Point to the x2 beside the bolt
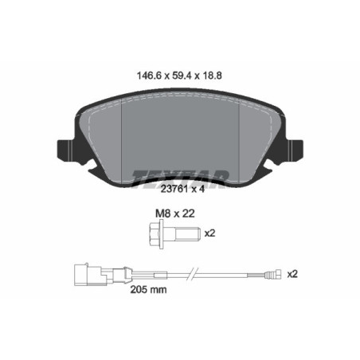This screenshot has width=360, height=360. click(210, 234)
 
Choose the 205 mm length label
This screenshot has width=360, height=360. click(150, 290)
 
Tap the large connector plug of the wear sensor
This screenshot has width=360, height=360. click(84, 275)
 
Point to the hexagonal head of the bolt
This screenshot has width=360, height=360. click(154, 234)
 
